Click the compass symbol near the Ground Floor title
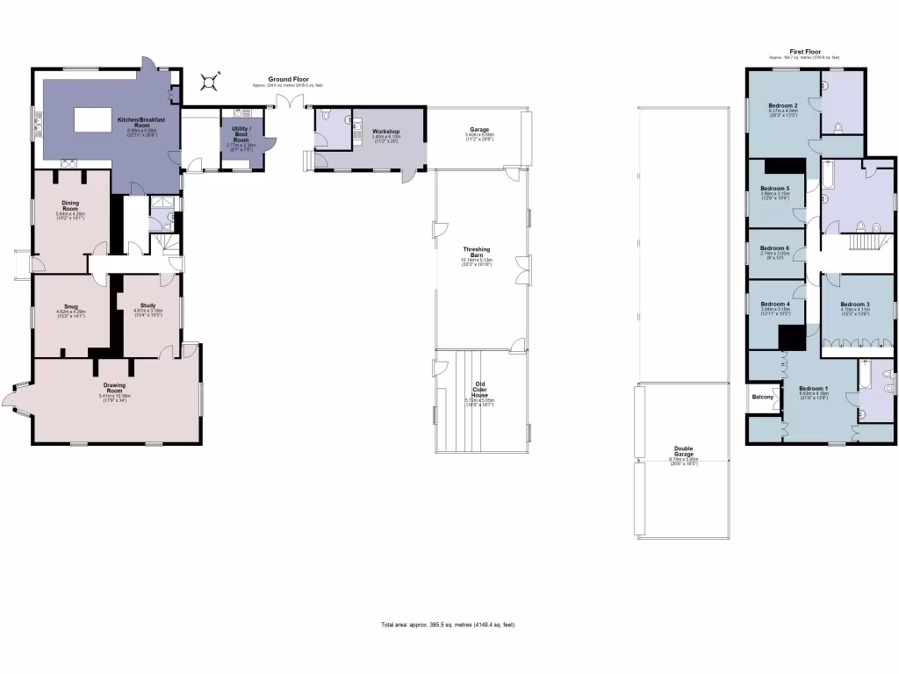coord(209,82)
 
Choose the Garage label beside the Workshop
coord(478,130)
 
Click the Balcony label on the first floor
coord(763,398)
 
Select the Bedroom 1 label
coord(813,389)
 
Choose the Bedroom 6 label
coord(775,248)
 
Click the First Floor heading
coord(803,53)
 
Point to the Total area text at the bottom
coord(448,625)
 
